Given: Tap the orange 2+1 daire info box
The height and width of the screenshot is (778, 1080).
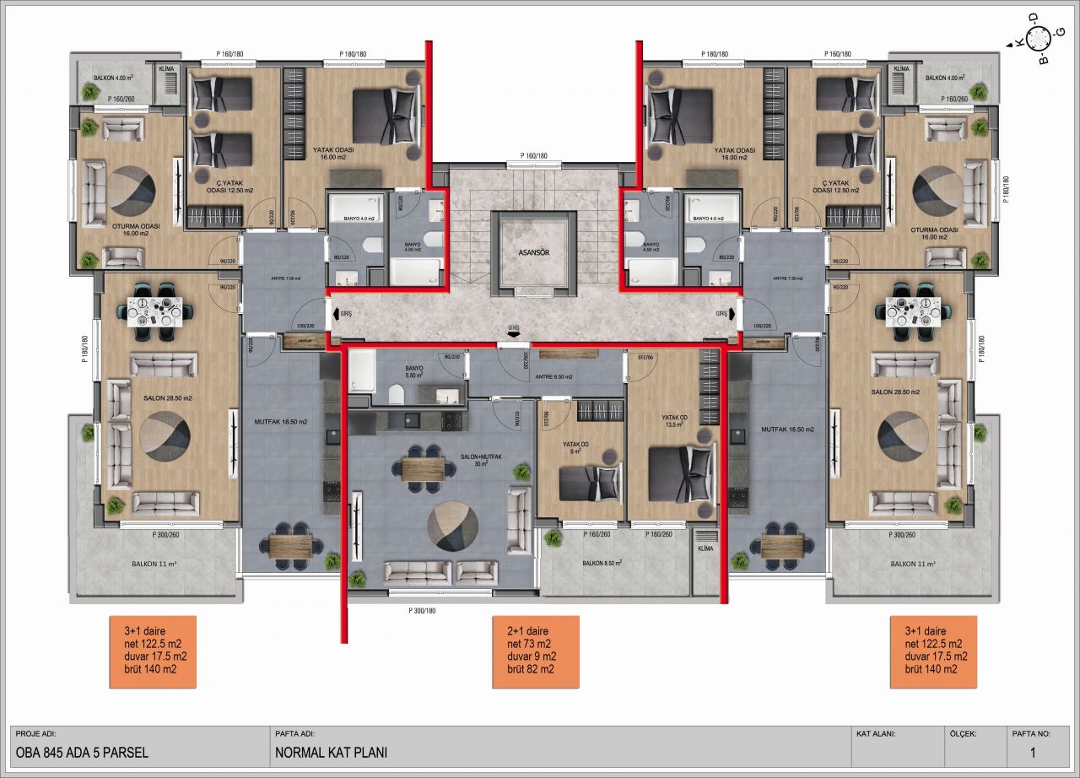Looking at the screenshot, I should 537,651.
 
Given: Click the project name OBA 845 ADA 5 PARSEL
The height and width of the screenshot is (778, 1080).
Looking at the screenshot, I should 83,751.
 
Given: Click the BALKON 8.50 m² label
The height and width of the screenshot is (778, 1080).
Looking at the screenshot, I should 602,563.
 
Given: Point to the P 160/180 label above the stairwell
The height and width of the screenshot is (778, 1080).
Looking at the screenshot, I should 533,156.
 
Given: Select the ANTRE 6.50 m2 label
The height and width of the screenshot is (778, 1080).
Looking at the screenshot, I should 553,377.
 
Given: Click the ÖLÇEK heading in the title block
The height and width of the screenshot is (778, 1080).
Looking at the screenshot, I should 962,734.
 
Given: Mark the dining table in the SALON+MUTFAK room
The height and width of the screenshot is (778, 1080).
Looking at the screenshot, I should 421,469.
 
